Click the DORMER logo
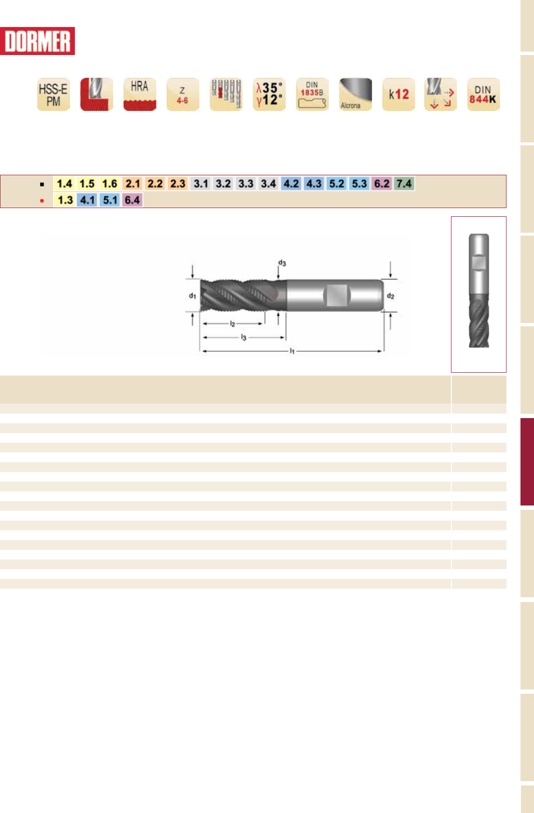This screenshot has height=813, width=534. click(37, 41)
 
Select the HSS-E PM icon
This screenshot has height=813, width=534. click(54, 94)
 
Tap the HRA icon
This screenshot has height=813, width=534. click(140, 94)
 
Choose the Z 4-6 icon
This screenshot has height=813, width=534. click(183, 94)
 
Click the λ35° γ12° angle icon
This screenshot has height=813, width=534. click(269, 94)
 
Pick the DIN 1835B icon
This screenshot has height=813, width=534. click(312, 94)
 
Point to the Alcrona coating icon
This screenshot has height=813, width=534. click(355, 94)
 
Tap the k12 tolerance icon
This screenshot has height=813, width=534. click(399, 94)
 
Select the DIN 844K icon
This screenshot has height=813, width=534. click(483, 94)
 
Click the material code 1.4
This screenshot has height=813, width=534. click(64, 183)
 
